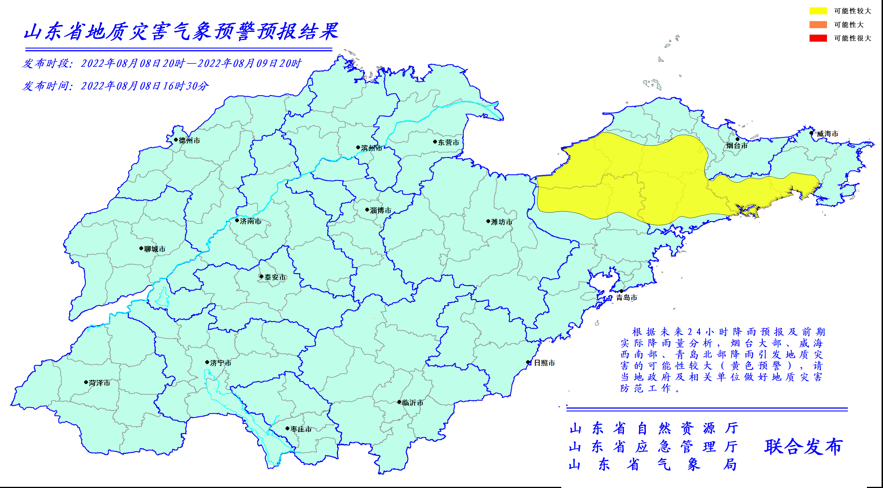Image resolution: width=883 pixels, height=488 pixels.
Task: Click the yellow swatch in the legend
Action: [818, 11]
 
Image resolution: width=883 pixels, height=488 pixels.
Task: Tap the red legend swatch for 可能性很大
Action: [818, 38]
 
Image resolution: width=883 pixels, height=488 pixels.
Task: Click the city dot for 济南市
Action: [237, 220]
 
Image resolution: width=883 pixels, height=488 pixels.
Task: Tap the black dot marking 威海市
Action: [811, 133]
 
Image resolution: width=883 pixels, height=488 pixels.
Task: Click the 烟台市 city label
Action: [737, 145]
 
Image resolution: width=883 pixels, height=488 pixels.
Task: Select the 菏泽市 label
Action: [99, 383]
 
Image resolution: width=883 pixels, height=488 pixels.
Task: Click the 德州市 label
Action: [189, 140]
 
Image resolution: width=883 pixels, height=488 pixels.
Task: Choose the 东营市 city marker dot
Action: [435, 142]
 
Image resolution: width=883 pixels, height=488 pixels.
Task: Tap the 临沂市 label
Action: [413, 403]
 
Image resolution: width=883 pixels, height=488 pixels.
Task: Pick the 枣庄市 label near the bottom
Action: [301, 429]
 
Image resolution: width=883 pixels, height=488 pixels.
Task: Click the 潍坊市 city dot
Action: [488, 221]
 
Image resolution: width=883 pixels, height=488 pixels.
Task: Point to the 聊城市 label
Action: [155, 249]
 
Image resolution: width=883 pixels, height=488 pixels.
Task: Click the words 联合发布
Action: [803, 447]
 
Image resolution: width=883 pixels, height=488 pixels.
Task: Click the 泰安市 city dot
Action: [262, 276]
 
